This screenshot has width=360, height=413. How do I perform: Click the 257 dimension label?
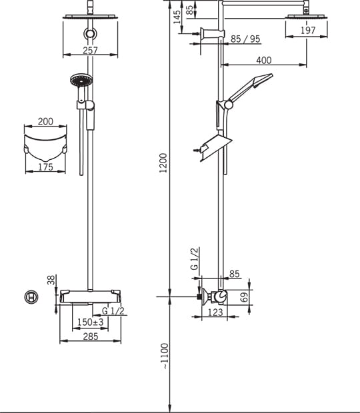pos(90,50)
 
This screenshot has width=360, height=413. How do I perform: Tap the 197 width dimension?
pos(308,30)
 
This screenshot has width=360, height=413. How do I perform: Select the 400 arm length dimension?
pos(264,61)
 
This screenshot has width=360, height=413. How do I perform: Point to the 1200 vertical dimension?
pos(163,163)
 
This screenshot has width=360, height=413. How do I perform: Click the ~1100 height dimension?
pos(164,356)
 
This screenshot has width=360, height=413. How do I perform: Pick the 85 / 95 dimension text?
pos(245,39)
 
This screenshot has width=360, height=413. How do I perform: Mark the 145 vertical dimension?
pos(177,17)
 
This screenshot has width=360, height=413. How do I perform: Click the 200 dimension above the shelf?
pos(45,121)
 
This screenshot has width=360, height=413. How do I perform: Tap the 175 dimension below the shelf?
pos(46,167)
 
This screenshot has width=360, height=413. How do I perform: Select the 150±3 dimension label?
pos(91,322)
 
